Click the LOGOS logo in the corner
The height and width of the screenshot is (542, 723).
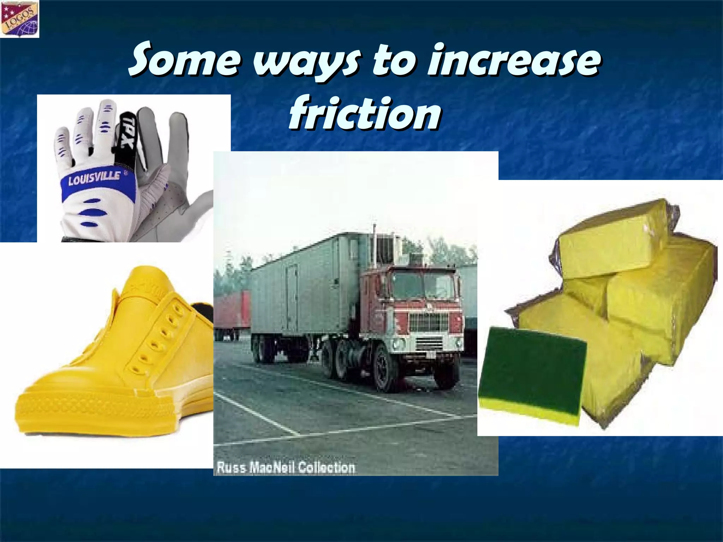(20, 18)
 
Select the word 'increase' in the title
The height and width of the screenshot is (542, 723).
(512, 60)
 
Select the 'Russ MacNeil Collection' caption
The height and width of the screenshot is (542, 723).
(285, 467)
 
